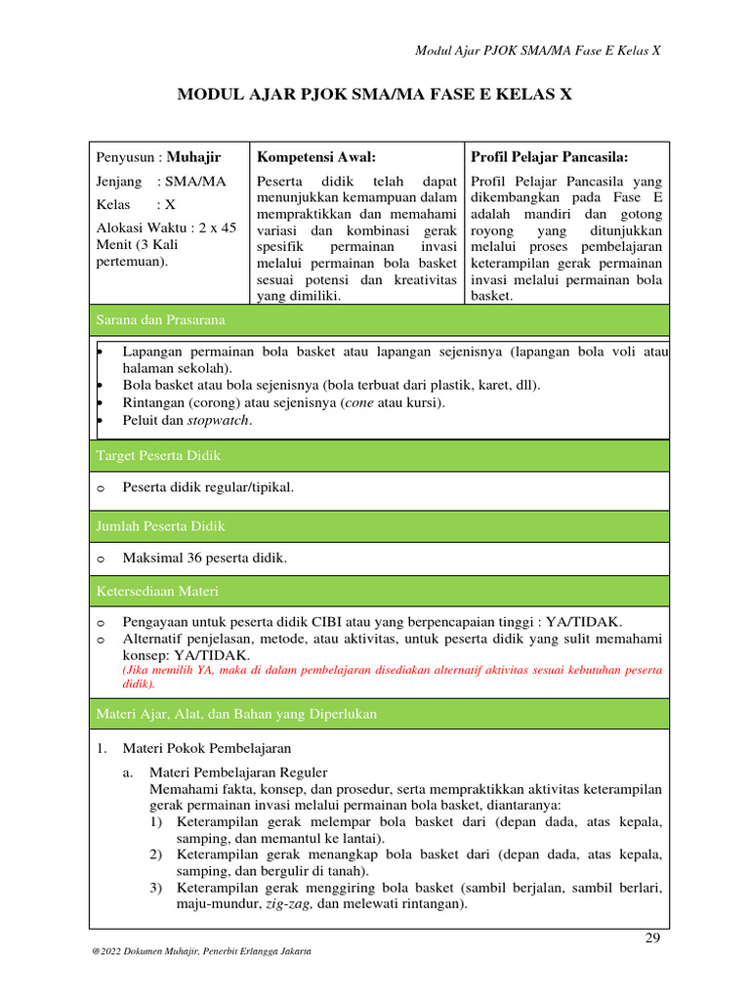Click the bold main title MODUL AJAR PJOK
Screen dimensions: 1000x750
(x=374, y=95)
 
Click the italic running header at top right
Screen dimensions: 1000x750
(x=538, y=50)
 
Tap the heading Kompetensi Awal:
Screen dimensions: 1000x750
(x=315, y=157)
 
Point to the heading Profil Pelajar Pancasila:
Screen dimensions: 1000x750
(x=549, y=157)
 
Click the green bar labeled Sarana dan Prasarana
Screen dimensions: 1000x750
(x=380, y=320)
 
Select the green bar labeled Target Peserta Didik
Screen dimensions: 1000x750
(x=380, y=456)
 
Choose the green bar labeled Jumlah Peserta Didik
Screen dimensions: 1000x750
(x=380, y=526)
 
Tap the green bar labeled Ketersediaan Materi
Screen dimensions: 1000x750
(x=380, y=592)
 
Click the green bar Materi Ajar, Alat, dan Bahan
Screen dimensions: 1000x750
(x=380, y=715)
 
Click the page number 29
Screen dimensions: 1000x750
(x=653, y=938)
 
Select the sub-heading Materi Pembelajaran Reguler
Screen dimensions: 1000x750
(x=238, y=772)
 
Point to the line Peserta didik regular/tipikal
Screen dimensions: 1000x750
(x=207, y=487)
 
